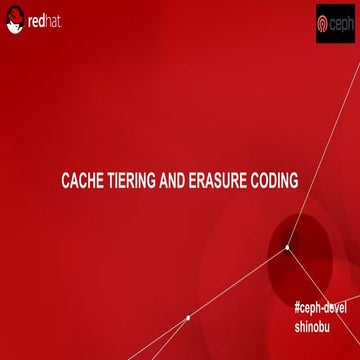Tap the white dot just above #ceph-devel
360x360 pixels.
tap(287, 247)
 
